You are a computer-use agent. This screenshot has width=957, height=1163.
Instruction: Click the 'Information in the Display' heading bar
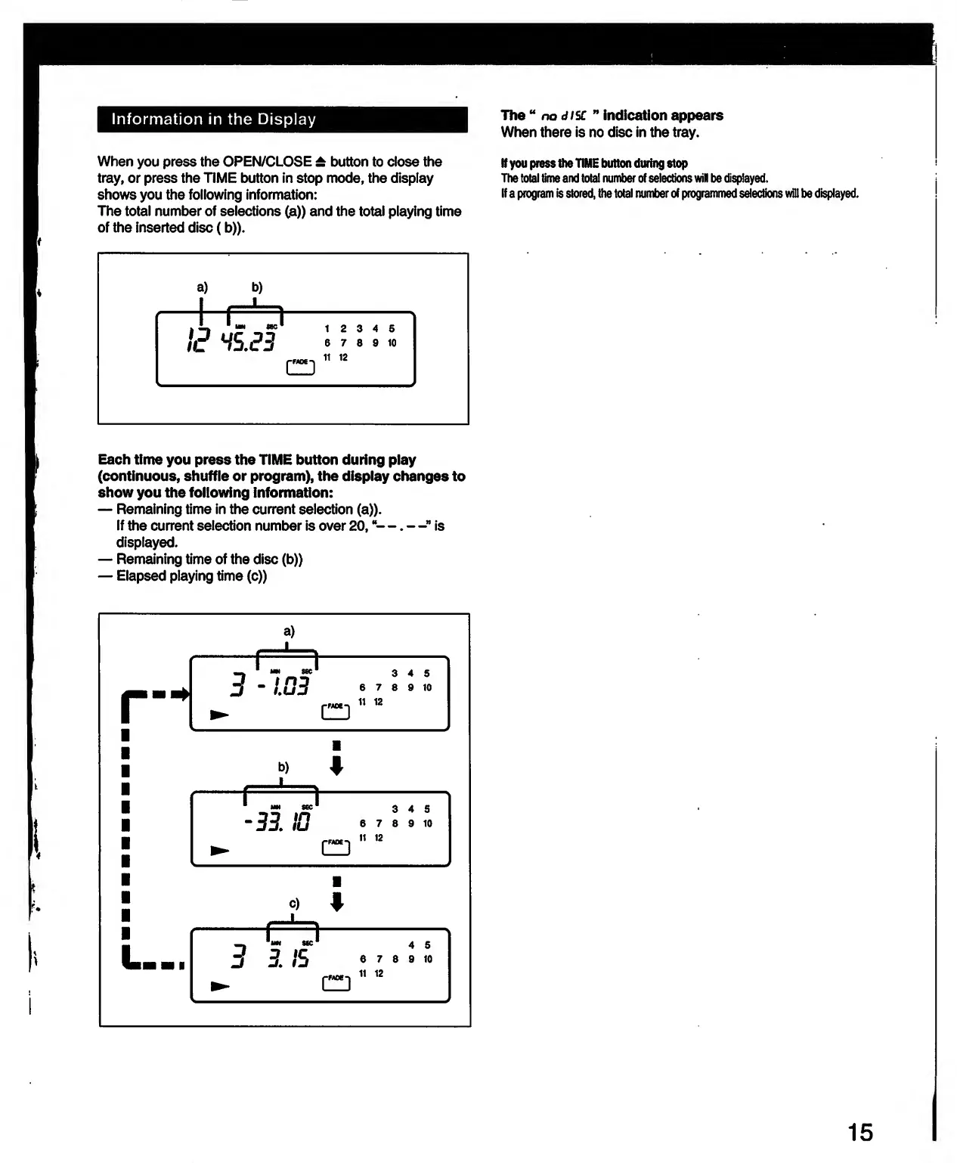(282, 119)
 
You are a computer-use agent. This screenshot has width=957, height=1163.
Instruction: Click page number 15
(860, 1132)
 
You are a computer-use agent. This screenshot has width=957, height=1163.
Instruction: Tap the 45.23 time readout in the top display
(248, 342)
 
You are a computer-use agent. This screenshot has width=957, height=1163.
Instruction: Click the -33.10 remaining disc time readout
(277, 821)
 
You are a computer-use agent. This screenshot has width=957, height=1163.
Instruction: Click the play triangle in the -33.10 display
(220, 851)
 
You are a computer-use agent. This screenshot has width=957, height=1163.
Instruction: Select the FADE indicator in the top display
(300, 366)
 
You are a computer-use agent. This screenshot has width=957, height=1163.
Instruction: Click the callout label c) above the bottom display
(294, 904)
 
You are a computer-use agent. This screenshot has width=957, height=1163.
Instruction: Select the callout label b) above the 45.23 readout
(257, 287)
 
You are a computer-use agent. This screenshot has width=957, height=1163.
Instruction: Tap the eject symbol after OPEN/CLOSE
(321, 162)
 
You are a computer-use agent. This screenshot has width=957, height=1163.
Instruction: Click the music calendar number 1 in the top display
(327, 329)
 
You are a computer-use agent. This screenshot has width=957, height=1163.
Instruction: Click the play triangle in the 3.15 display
(220, 986)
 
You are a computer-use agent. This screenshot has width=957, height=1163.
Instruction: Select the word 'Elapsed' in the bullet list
(141, 576)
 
